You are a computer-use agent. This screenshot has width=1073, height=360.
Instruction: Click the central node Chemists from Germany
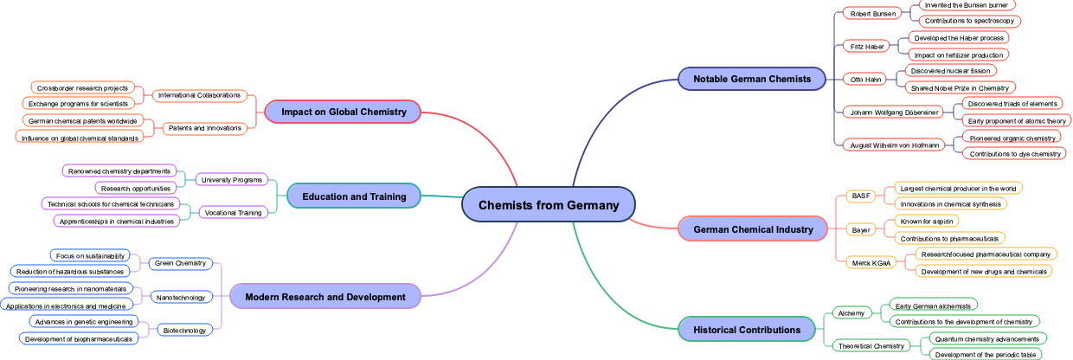(549, 205)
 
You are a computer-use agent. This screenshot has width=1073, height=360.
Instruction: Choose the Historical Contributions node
(747, 330)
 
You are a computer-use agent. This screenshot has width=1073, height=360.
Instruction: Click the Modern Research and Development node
(324, 297)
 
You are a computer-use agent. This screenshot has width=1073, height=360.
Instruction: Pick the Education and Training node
(354, 196)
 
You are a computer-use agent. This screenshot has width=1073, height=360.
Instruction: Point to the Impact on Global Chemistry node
(344, 112)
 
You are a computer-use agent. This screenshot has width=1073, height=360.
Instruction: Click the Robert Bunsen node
(873, 13)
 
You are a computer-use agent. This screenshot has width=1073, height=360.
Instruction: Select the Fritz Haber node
(868, 46)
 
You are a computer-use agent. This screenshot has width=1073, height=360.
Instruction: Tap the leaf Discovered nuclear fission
(950, 71)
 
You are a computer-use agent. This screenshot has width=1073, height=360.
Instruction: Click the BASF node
(861, 196)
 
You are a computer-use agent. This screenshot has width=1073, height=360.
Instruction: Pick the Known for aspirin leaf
(926, 222)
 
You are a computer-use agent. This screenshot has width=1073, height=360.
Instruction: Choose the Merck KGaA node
(871, 262)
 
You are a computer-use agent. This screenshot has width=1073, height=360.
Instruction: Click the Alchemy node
(851, 312)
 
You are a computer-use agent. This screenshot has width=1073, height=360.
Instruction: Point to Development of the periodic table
(986, 355)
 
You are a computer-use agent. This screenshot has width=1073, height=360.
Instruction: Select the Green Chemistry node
(180, 263)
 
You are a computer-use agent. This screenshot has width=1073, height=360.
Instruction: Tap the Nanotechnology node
(181, 297)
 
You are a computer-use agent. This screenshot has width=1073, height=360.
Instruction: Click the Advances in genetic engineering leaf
(84, 322)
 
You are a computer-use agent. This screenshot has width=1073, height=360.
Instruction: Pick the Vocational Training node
(232, 213)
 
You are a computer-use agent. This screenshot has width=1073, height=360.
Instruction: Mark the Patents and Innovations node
(204, 129)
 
